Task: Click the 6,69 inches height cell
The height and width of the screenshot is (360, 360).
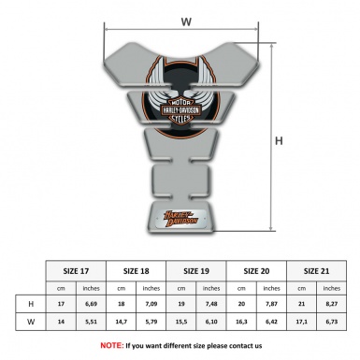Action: tap(92, 304)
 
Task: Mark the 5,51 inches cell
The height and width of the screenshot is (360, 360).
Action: tap(92, 322)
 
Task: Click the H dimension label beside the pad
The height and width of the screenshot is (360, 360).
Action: tap(279, 141)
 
